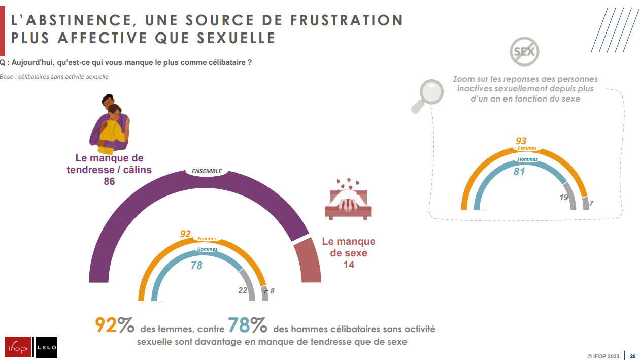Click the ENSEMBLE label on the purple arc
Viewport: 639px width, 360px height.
click(207, 171)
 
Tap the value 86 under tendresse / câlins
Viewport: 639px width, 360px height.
click(109, 181)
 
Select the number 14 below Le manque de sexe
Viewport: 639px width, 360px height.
click(348, 265)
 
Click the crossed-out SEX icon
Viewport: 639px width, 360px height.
click(524, 51)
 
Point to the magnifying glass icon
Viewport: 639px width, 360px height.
click(425, 96)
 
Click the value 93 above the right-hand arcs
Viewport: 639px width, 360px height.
click(521, 141)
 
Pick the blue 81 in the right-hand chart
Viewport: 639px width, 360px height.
click(519, 172)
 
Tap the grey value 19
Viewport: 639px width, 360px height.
click(564, 198)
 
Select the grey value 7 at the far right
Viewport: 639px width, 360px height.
click(591, 203)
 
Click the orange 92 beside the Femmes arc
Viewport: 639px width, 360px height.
click(185, 234)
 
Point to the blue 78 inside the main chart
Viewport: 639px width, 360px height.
click(196, 265)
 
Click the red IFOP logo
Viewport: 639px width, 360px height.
click(18, 347)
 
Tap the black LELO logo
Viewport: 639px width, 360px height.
click(47, 347)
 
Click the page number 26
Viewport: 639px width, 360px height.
click(632, 356)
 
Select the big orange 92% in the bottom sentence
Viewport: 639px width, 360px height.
click(115, 325)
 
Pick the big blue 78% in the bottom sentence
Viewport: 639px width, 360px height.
click(247, 325)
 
